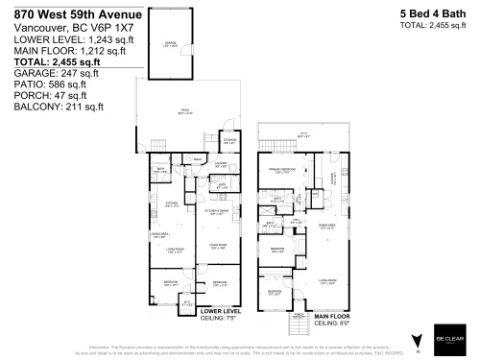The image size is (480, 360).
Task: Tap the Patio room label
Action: click(x=185, y=112)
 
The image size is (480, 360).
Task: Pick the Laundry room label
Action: click(x=221, y=164)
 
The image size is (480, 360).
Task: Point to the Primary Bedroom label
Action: click(x=279, y=171)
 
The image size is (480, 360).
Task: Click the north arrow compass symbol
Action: click(x=416, y=341)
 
